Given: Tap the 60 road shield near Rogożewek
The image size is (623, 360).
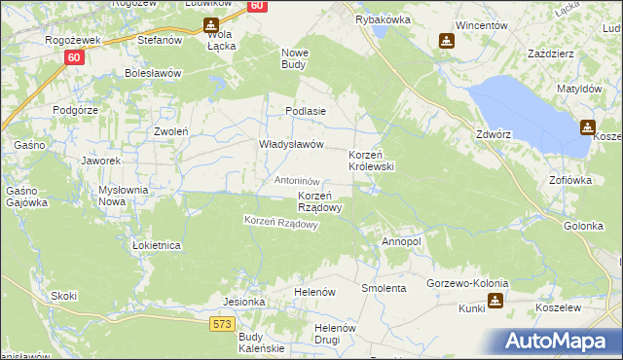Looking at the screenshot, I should pos(75,57).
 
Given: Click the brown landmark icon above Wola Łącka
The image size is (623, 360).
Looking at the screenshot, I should pos(210,24).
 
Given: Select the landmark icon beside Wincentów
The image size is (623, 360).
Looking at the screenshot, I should pos(446,41).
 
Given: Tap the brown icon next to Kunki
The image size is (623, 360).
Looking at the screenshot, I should pos(496,301).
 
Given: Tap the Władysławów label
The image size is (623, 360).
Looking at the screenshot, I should pos(290,144).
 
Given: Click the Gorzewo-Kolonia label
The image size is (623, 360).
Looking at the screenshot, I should pos(466,283).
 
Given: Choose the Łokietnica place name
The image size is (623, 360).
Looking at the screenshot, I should pos(157,246).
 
